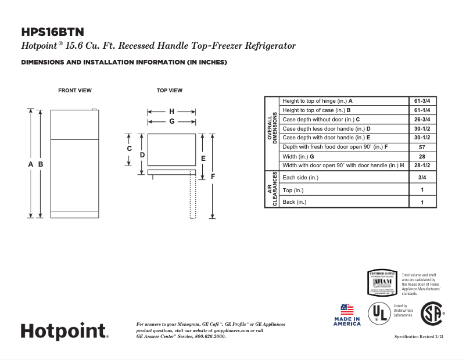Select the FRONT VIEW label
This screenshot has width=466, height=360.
(74, 91)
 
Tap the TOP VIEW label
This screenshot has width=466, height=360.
(170, 91)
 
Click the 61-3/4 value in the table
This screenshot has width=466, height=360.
(422, 100)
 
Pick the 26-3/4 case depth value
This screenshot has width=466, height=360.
(422, 119)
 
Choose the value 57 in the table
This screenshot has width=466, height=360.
(422, 147)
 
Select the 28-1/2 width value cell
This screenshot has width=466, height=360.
(422, 165)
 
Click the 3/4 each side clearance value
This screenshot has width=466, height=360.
(422, 178)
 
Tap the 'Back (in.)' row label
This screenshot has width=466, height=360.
(294, 202)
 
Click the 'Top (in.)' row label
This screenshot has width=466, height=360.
(293, 190)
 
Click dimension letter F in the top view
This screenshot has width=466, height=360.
(213, 175)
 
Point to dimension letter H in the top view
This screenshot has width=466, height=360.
(171, 111)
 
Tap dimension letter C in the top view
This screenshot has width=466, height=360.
(130, 149)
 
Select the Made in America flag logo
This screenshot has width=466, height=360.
(347, 314)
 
